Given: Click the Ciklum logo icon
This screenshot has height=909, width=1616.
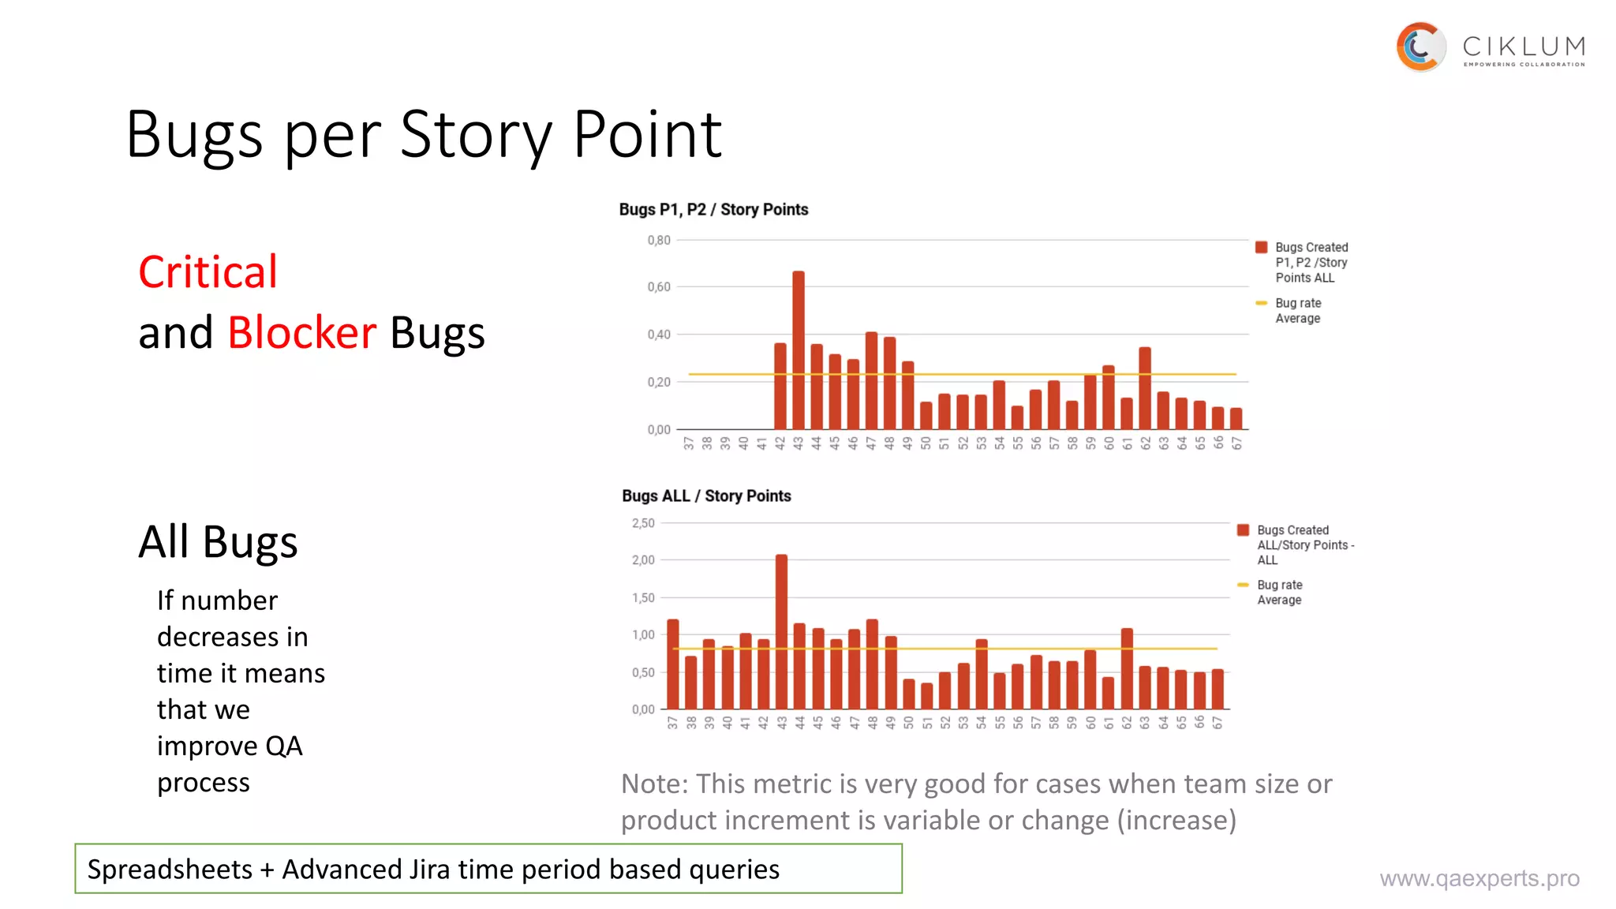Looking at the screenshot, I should [1420, 47].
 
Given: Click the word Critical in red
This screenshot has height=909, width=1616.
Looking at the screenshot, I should [208, 272].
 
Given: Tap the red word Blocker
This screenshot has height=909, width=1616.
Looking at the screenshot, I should [301, 332].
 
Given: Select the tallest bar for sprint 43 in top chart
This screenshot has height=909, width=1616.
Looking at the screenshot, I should [799, 351].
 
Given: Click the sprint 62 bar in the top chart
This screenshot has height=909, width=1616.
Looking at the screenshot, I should [1145, 388].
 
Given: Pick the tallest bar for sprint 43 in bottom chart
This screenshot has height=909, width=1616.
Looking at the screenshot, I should [781, 631].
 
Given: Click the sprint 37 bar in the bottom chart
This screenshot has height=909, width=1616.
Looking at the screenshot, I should [673, 664].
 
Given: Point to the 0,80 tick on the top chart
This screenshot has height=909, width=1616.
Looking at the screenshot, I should [659, 240].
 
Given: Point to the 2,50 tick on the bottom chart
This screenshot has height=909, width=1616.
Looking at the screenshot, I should [643, 523].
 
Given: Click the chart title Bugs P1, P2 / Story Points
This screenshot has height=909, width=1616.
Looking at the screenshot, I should [713, 210].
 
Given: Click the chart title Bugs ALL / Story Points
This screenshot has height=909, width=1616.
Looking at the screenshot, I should [706, 496].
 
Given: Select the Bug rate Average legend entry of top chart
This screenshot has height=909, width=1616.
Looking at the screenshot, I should [1297, 310].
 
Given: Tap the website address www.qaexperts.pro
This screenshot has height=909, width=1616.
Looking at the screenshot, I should [1479, 878].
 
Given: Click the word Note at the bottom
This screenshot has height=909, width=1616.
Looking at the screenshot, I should [654, 784].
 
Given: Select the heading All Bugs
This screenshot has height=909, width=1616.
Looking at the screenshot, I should [218, 542].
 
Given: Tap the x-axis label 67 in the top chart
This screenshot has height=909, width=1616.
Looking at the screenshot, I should [1236, 443].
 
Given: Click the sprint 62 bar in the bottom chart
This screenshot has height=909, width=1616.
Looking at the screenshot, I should [1127, 669].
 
